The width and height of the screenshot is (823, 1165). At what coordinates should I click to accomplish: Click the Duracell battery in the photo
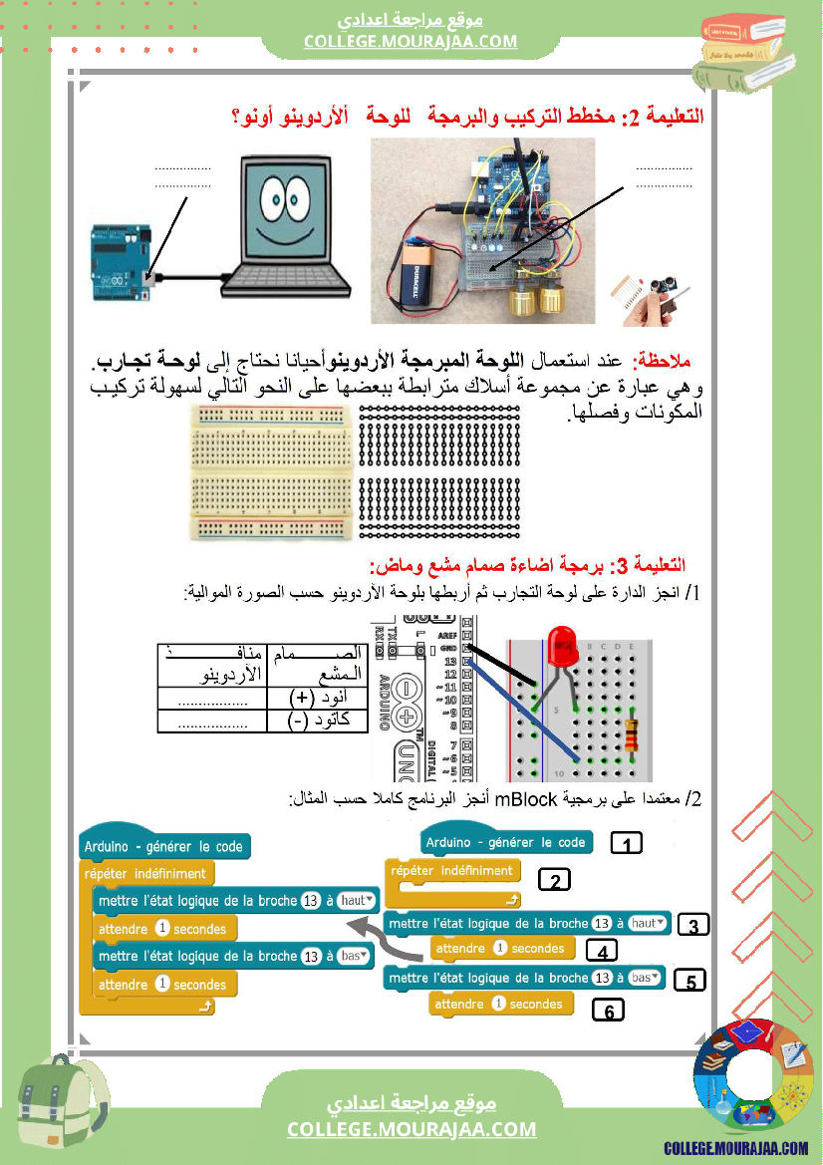419,276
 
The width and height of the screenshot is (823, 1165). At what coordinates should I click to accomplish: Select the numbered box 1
625,844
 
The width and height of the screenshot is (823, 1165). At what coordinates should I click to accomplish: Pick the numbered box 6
609,1010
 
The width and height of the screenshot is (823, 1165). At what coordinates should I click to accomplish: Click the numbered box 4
601,951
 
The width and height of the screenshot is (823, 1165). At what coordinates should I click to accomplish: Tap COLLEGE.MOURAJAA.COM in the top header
411,41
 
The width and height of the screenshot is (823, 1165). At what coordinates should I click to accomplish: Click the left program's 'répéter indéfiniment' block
145,874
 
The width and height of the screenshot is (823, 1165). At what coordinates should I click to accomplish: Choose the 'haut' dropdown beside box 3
649,923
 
